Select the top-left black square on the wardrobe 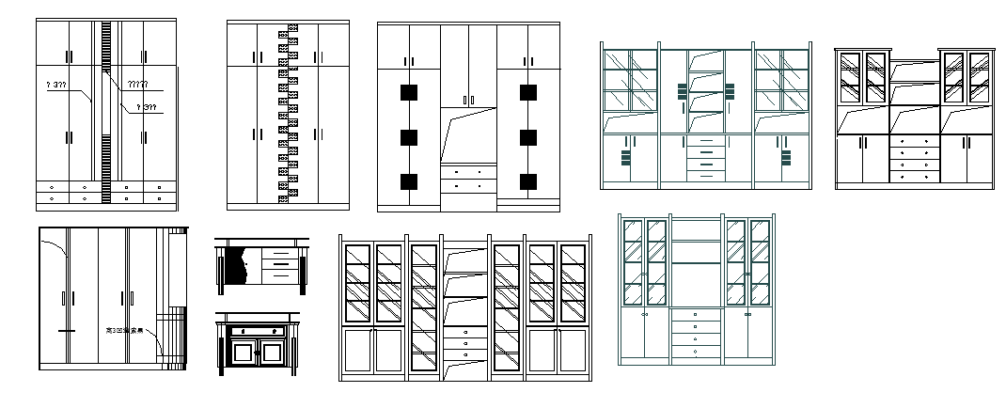[408, 92]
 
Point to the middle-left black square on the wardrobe [408, 137]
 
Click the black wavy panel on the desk [236, 267]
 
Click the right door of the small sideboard [273, 353]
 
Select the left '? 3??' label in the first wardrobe [55, 86]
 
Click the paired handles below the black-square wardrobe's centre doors [467, 100]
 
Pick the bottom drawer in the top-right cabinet [914, 177]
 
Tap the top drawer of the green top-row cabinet [706, 141]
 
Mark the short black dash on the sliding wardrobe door [65, 331]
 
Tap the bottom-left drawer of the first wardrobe [52, 198]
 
